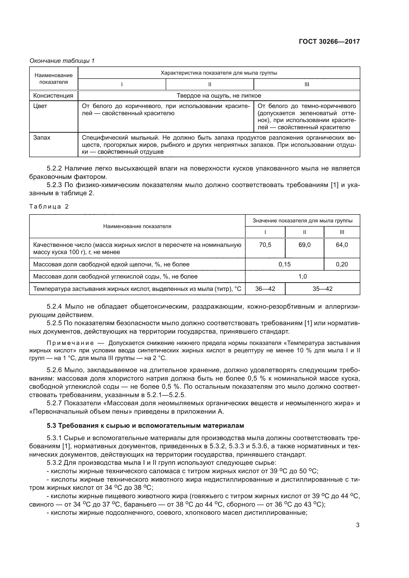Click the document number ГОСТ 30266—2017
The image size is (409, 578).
click(329, 42)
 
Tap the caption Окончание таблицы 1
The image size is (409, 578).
click(62, 61)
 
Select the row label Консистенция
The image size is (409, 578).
click(53, 96)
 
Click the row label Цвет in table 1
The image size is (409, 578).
click(40, 106)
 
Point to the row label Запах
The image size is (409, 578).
click(42, 138)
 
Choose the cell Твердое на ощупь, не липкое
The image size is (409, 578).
click(219, 96)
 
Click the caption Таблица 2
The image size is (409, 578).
click(49, 207)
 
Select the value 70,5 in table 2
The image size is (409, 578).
click(265, 245)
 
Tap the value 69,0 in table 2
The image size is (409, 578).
click(304, 245)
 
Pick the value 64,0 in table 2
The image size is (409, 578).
click(342, 245)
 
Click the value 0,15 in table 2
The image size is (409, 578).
click(284, 264)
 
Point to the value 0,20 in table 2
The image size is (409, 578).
click(342, 264)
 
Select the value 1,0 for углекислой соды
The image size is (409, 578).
click(302, 277)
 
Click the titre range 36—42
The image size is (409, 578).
click(265, 289)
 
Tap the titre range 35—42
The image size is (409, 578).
click(322, 289)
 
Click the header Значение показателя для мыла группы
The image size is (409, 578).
click(302, 221)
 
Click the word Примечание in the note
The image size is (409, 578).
click(70, 343)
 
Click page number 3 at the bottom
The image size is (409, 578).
click(358, 525)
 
